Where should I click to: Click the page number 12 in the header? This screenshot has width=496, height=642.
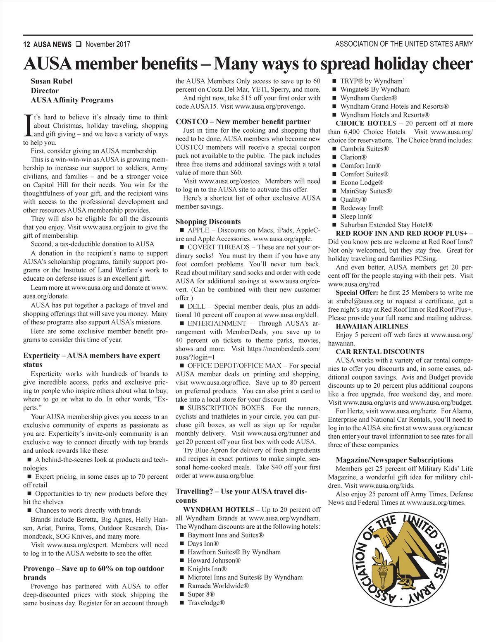(26, 44)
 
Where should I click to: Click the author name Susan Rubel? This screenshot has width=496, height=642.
(51, 81)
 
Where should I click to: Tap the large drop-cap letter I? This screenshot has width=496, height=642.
(27, 125)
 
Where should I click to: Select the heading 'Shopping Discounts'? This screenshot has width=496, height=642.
(208, 222)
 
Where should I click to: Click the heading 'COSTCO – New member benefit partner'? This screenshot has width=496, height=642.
(243, 122)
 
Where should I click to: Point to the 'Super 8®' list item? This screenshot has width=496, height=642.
(201, 594)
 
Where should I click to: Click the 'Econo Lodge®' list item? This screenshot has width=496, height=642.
(362, 182)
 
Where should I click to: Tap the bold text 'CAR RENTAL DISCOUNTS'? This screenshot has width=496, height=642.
(380, 351)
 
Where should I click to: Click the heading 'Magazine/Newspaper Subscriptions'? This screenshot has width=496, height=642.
(394, 460)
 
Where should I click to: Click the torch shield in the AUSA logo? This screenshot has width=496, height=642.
(380, 576)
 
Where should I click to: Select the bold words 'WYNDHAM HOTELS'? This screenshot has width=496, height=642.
(219, 509)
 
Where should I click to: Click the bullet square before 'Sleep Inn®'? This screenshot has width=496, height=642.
(335, 216)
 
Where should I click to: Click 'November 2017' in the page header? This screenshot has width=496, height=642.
(107, 44)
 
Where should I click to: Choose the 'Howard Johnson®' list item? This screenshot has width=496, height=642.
(214, 560)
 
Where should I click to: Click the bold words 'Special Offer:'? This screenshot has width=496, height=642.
(357, 292)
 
